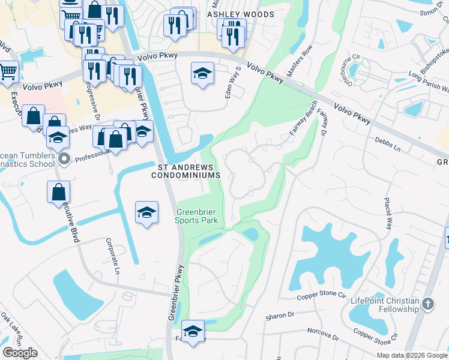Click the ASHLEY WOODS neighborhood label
pos(241,14)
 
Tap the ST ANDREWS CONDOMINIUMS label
pos(185,171)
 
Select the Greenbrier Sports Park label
pos(196,216)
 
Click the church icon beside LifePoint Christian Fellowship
pos(427,304)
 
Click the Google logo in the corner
pos(20,353)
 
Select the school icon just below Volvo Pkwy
pos(203,74)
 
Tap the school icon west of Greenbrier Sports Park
pos(146,213)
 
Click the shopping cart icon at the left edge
pos(8,72)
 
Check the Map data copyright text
pos(412,355)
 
